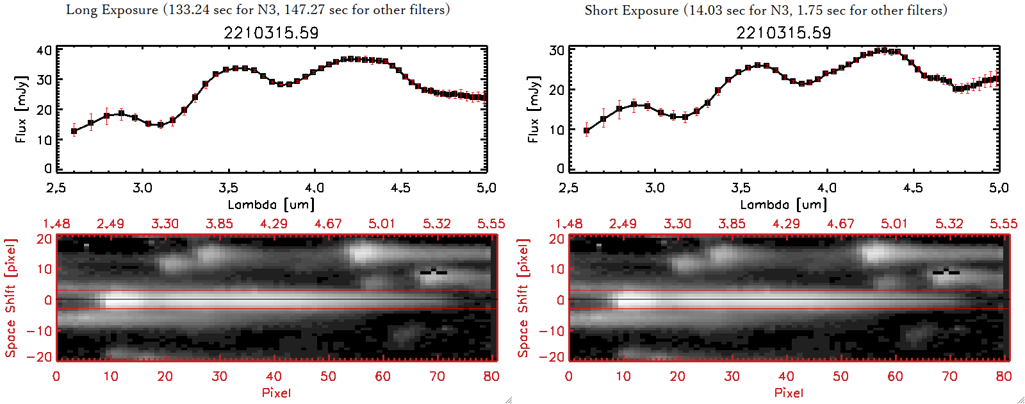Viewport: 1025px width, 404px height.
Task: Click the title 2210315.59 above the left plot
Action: tap(271, 33)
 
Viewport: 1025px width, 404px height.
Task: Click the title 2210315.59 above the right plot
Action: tap(783, 33)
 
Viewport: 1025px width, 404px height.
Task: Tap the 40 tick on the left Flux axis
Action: tap(44, 50)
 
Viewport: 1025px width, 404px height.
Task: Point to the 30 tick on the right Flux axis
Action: tap(557, 50)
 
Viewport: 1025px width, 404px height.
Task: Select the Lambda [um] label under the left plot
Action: tap(271, 205)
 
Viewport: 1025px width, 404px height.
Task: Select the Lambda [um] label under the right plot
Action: tap(783, 205)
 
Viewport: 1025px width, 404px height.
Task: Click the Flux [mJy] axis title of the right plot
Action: tap(534, 109)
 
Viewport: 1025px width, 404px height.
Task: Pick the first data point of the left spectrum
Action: tap(74, 131)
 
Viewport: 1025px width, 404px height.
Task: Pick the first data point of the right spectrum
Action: tap(587, 131)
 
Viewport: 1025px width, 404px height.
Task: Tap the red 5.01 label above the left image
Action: tap(382, 224)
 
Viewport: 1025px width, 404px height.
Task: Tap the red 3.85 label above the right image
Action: tap(732, 224)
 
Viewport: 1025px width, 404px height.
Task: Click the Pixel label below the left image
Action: tap(276, 392)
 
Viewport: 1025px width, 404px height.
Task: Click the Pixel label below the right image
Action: tap(789, 392)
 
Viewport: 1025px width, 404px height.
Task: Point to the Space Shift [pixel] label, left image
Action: tap(10, 298)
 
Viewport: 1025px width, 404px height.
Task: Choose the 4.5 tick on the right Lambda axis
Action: tap(913, 188)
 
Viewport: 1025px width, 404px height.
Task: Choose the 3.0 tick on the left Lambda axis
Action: tap(142, 188)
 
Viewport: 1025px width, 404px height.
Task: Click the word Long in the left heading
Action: tap(81, 10)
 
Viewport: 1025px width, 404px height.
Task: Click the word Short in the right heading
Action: tap(601, 10)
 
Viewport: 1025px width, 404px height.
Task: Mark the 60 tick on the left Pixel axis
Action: tap(382, 376)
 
